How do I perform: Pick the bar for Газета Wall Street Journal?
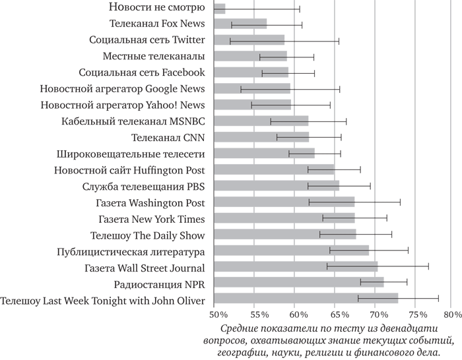(296, 267)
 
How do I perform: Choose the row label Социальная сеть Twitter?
(147, 40)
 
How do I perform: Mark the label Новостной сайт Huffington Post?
(129, 170)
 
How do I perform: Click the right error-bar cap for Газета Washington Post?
(400, 202)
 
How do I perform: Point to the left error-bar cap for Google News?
(241, 89)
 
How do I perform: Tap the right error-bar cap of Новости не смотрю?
(300, 9)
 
